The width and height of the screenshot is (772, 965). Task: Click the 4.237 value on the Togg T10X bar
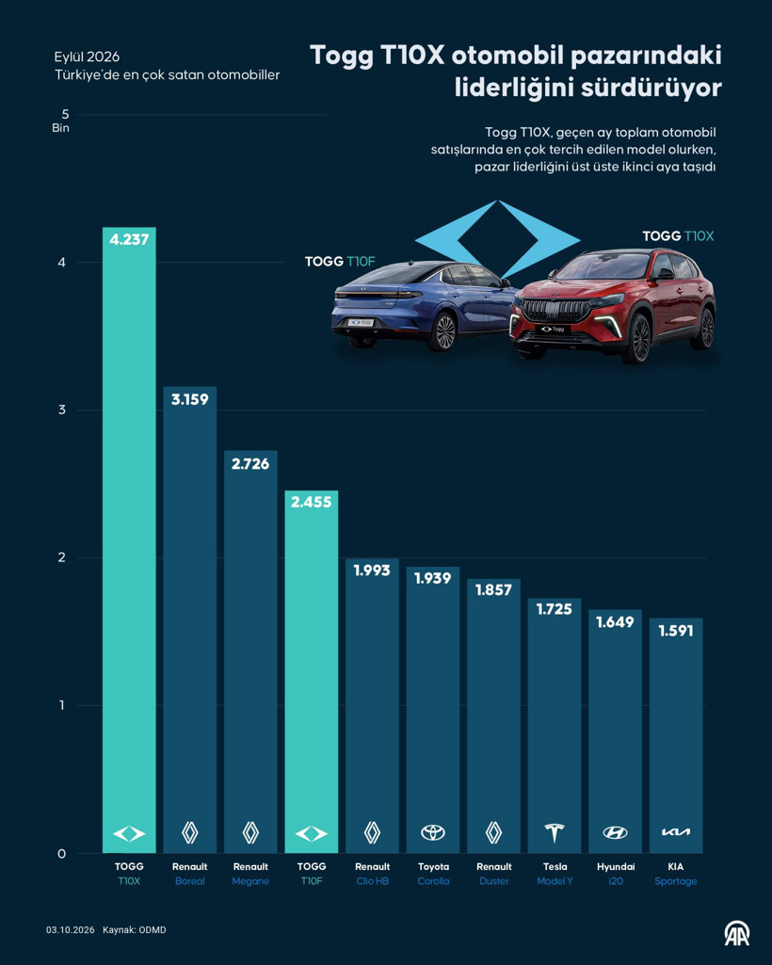point(129,239)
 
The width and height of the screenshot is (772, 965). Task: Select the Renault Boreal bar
point(189,619)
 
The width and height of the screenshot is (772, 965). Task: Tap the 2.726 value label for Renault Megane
point(250,464)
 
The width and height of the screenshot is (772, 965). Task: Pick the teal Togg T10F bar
point(312,671)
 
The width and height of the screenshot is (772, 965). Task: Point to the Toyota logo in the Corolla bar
point(433,832)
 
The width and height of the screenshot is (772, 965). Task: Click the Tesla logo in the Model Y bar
point(555,832)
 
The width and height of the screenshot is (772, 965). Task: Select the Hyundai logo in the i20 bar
point(615,832)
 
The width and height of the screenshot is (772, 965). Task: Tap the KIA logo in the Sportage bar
point(676,832)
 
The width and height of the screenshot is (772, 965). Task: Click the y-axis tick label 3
point(61,410)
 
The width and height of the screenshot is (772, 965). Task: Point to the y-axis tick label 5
point(65,115)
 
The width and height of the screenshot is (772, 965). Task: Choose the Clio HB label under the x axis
point(373,881)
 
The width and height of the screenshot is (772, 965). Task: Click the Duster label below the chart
point(493,881)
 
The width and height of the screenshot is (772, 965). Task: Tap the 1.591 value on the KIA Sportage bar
point(676,631)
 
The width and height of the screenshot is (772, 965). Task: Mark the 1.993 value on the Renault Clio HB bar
point(372,571)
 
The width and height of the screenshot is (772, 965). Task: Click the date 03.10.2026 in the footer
point(71,930)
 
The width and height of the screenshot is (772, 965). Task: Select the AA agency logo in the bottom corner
point(736,933)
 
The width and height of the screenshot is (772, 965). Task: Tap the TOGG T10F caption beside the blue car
point(340,262)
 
